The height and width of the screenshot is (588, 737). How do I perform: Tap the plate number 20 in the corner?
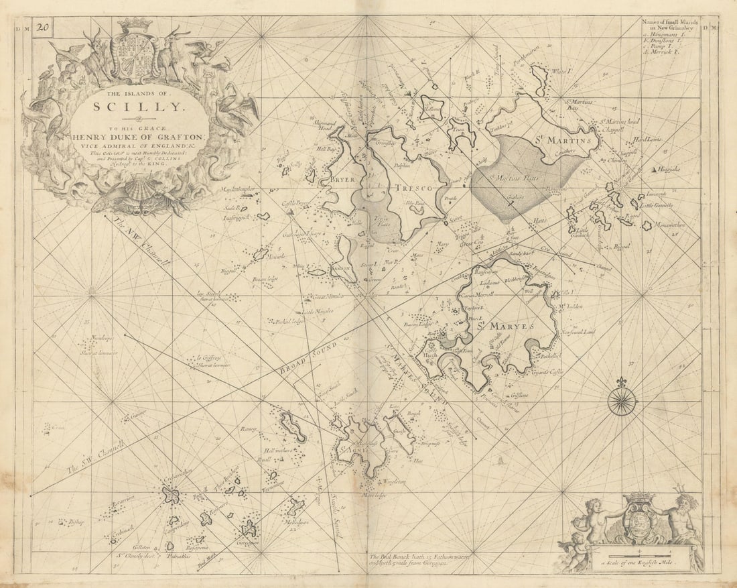[43, 27]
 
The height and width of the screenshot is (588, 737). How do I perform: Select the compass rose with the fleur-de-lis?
[622, 400]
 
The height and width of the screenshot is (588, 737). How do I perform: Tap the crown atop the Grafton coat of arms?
[135, 25]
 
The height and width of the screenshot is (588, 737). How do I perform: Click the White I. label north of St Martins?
[558, 72]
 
